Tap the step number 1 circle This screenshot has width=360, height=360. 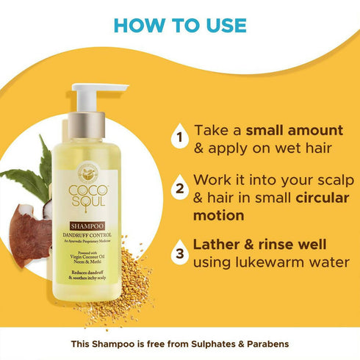click(177, 137)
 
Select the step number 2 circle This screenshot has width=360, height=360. click(177, 188)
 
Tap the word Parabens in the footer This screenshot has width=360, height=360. click(263, 344)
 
